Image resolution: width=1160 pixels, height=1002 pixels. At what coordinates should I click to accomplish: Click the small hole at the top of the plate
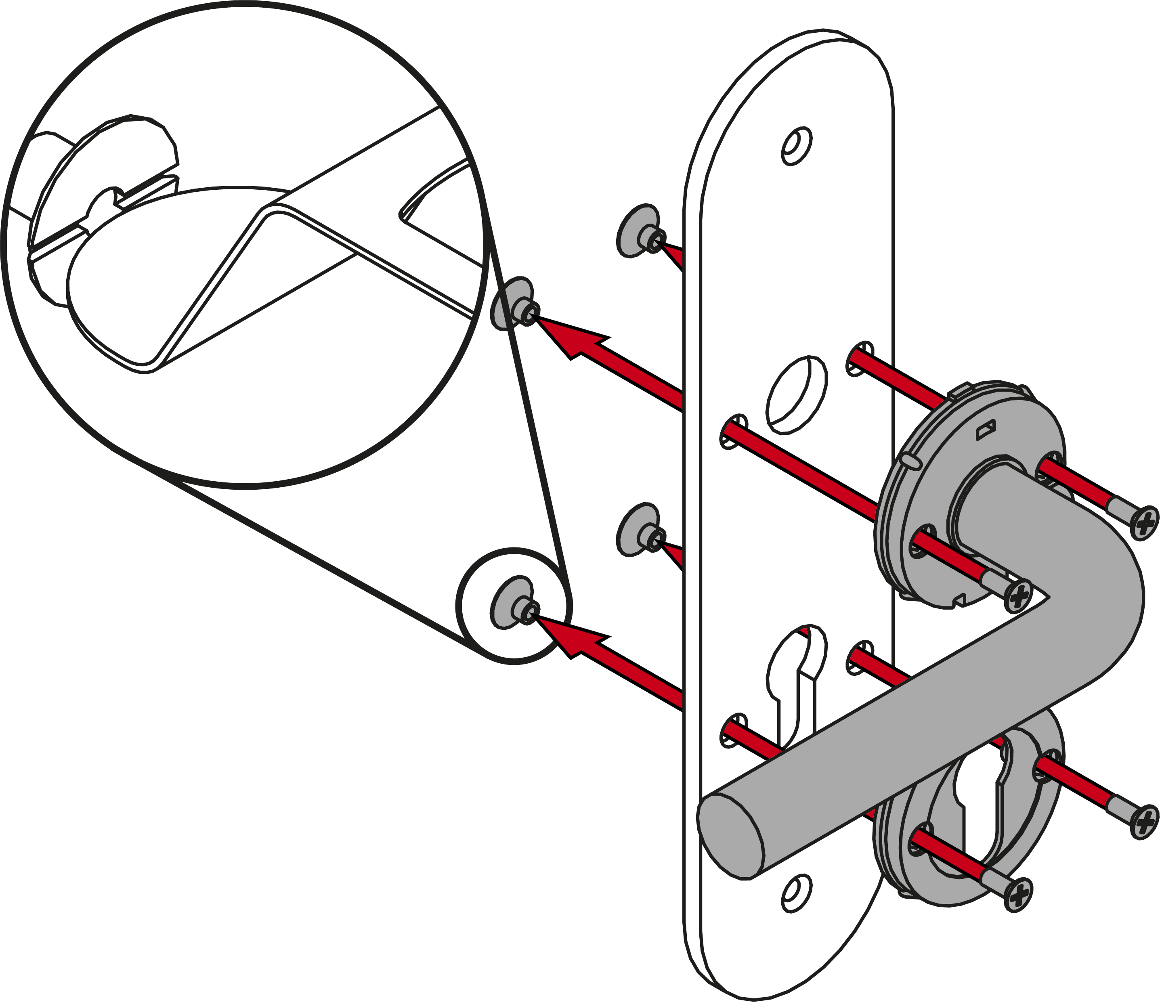click(797, 147)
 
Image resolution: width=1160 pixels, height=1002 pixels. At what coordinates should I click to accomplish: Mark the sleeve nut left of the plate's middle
click(638, 529)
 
